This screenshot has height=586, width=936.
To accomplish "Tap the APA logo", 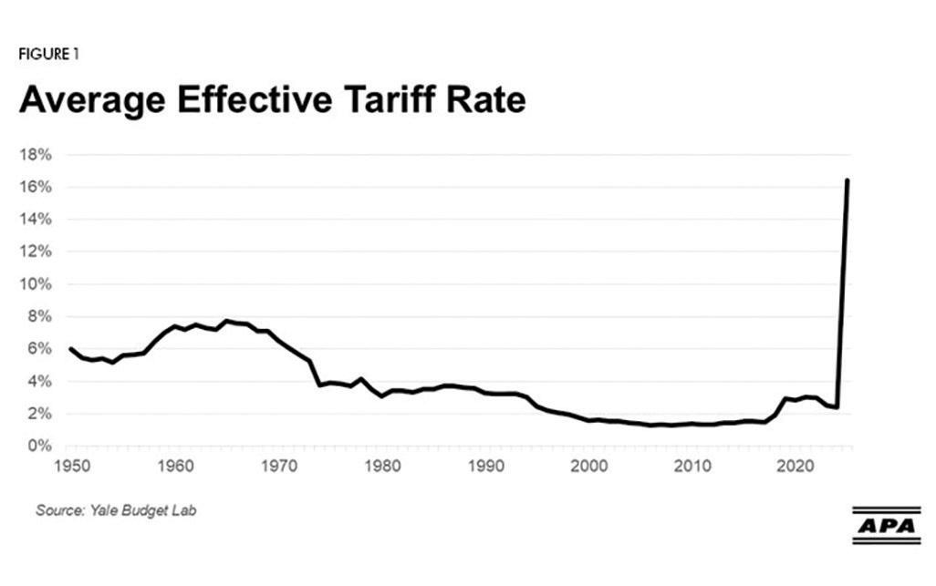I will tap(886, 526).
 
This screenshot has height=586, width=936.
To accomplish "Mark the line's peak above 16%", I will tap(848, 180).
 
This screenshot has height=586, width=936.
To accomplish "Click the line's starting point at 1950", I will tap(70, 348).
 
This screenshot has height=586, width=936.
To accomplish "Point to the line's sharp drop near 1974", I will tap(315, 374).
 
